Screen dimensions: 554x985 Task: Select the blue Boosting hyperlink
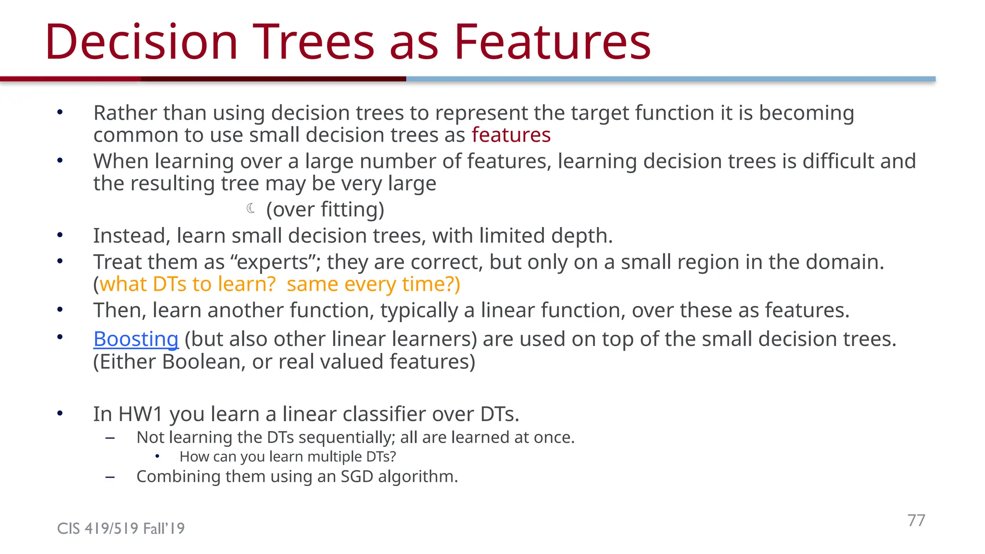136,339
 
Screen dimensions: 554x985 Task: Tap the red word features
511,135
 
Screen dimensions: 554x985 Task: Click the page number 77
916,520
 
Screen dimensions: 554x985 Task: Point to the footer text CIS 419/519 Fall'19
121,529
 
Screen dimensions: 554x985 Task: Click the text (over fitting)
325,210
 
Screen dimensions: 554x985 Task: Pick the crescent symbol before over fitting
251,208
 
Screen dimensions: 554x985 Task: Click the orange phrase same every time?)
373,284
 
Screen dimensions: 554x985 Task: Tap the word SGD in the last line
356,477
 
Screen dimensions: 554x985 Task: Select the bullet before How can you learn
157,456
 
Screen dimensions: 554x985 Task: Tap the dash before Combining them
110,477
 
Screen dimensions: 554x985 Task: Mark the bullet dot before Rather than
60,113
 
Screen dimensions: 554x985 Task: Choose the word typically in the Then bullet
419,311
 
